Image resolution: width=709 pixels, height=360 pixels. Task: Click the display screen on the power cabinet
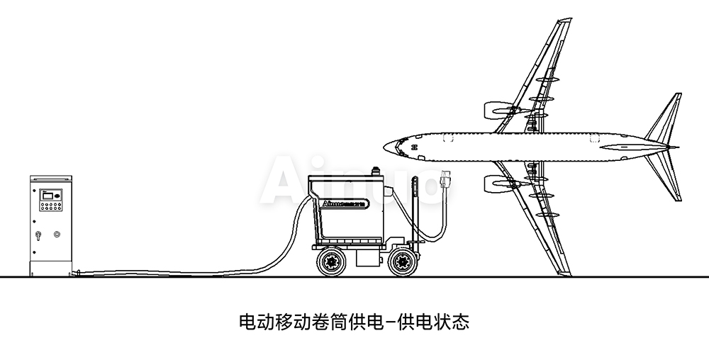pos(51,193)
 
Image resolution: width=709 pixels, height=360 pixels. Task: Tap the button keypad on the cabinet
pos(51,206)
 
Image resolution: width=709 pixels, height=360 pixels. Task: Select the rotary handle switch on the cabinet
pos(39,234)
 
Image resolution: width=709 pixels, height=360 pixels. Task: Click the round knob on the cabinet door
pos(57,233)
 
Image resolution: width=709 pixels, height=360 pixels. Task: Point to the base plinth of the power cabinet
pos(50,268)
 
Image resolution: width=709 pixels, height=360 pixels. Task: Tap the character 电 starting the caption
pos(247,323)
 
